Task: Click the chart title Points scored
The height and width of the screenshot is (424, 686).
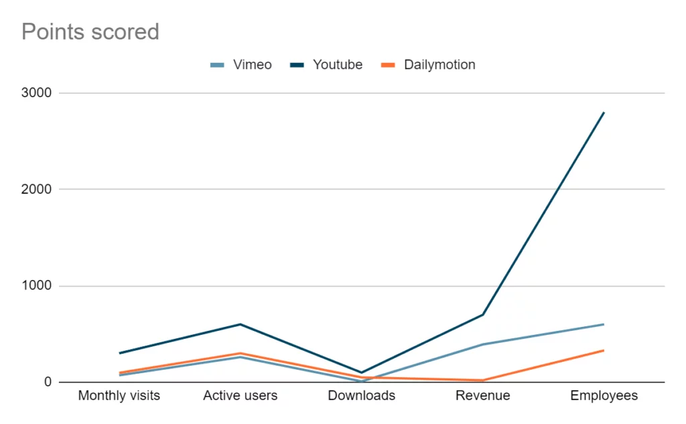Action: click(x=90, y=32)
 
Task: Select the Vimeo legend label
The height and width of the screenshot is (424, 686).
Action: click(x=253, y=65)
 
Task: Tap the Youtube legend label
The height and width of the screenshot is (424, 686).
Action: click(x=338, y=65)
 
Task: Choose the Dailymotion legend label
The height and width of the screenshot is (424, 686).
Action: click(x=439, y=65)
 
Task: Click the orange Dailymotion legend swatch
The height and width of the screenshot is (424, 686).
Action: click(x=388, y=65)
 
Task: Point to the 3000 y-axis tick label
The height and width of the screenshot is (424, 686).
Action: click(x=36, y=92)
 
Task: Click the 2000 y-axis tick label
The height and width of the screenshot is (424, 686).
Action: click(x=36, y=190)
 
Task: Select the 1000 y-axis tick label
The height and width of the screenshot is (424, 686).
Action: click(x=36, y=286)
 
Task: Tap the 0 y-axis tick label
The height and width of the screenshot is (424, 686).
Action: click(x=48, y=382)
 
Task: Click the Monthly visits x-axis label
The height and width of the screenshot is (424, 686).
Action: click(x=119, y=396)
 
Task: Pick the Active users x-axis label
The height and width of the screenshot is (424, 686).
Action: click(x=241, y=396)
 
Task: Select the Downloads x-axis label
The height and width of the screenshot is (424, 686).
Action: click(x=361, y=396)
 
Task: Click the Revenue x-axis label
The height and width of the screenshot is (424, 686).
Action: click(x=482, y=396)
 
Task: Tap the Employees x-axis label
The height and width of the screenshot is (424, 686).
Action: click(x=604, y=396)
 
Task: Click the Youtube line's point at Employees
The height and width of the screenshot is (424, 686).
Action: click(x=604, y=113)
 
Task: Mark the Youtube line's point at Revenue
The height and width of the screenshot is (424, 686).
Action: click(x=482, y=315)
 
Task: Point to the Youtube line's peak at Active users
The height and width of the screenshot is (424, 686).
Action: click(x=241, y=324)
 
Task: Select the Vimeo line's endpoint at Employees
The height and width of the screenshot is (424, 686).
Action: click(x=604, y=324)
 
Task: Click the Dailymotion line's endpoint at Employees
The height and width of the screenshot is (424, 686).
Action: click(x=604, y=350)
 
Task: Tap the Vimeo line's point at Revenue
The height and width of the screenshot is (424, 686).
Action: click(x=482, y=344)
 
